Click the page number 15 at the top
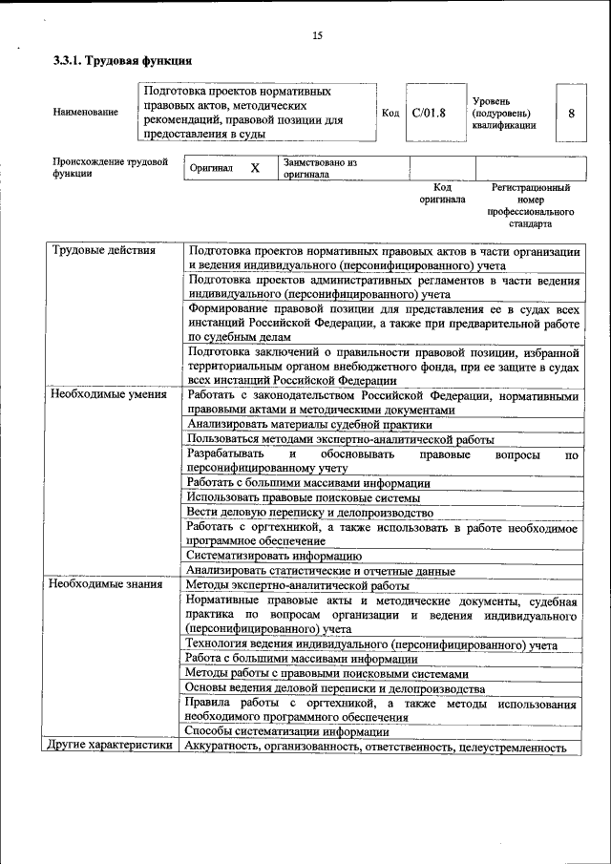pyautogui.click(x=317, y=36)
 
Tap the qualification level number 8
pyautogui.click(x=571, y=113)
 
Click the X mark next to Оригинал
pyautogui.click(x=255, y=168)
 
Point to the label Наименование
pyautogui.click(x=86, y=113)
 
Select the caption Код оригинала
pyautogui.click(x=442, y=194)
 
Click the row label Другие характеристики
pyautogui.click(x=111, y=747)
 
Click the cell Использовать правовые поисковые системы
pyautogui.click(x=303, y=497)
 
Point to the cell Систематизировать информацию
pyautogui.click(x=273, y=556)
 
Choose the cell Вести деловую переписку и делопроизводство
pyautogui.click(x=312, y=513)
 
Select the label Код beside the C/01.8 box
pyautogui.click(x=390, y=113)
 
